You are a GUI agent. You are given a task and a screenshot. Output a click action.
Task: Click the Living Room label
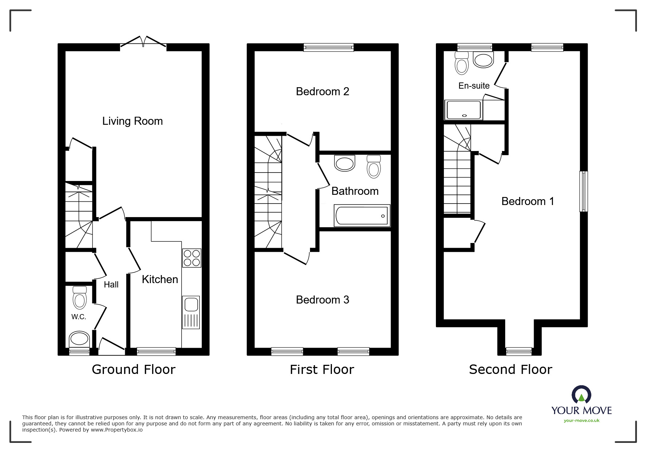pos(132,121)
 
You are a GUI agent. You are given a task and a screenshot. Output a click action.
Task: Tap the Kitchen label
pos(160,279)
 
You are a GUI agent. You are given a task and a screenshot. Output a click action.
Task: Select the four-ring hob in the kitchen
pos(192,258)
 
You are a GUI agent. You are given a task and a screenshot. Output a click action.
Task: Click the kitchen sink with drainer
pos(191,312)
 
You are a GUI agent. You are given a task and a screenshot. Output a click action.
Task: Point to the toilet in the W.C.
pos(80,298)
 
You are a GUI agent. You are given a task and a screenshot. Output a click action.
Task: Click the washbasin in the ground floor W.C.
pos(79,339)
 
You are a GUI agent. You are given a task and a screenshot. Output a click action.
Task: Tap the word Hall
pos(111,285)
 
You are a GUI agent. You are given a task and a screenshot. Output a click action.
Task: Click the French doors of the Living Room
pos(143,41)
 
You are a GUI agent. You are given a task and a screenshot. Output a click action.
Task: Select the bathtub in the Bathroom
pos(362,216)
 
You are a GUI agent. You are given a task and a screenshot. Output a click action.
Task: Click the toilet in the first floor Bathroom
pos(374,167)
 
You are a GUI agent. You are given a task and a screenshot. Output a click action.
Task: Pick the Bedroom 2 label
pos(322,92)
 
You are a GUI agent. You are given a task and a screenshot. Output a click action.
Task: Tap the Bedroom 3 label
pos(322,300)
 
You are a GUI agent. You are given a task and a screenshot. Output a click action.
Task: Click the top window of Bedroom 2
pos(329,47)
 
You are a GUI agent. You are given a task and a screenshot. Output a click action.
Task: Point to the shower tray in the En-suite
pos(464,110)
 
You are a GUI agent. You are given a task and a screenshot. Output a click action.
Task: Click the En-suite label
pos(474,86)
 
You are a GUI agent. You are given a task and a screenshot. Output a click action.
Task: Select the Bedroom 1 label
pos(527,201)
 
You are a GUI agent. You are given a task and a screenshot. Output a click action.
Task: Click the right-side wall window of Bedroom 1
pos(584,191)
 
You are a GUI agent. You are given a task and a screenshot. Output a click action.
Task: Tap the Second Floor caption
pos(510,370)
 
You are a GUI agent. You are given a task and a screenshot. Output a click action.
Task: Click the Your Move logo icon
pos(581,395)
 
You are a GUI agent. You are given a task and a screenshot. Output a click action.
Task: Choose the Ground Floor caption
pos(134,370)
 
